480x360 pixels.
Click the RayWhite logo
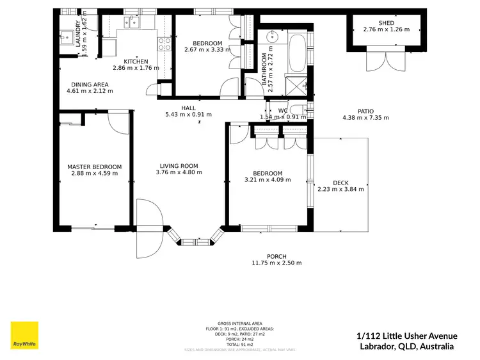[24, 336]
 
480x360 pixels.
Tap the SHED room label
[386, 23]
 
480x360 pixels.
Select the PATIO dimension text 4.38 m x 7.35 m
[365, 118]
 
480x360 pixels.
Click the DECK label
[340, 183]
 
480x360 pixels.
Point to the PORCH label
[276, 256]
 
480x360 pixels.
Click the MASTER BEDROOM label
[94, 167]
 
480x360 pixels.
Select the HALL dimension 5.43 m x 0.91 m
[188, 115]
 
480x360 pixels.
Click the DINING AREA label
[89, 85]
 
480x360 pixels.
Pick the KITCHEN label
[136, 61]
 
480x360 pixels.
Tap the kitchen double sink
[131, 23]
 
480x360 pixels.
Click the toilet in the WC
[301, 110]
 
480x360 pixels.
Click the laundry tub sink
[66, 37]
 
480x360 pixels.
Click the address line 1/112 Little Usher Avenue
[406, 336]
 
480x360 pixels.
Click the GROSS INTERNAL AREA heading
[239, 323]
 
